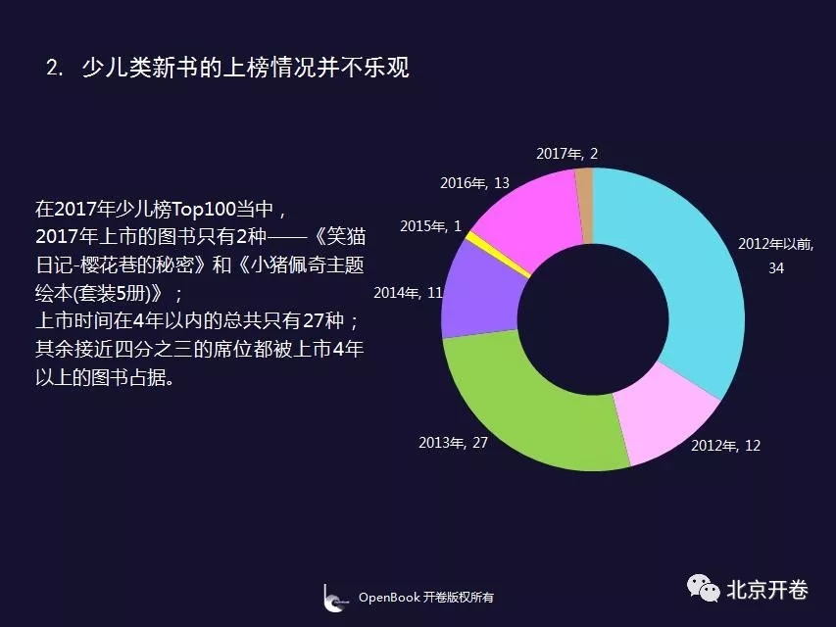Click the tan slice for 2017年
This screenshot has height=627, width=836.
tap(584, 206)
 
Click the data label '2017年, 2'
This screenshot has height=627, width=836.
tap(566, 154)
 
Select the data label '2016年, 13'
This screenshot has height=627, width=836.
tap(474, 183)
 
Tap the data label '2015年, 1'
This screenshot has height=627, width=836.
tap(431, 226)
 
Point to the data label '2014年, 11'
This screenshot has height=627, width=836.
tap(408, 293)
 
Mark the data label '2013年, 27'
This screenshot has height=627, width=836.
tap(453, 443)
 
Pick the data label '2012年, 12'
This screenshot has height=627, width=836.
tap(725, 445)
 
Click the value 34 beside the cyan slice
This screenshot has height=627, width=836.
tap(776, 267)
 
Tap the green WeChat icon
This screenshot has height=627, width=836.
tap(704, 588)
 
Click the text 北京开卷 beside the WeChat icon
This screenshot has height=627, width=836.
tap(767, 589)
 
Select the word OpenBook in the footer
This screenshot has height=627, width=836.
tap(389, 598)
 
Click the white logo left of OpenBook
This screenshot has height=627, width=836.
tap(334, 598)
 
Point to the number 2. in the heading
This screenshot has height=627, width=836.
tap(55, 68)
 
